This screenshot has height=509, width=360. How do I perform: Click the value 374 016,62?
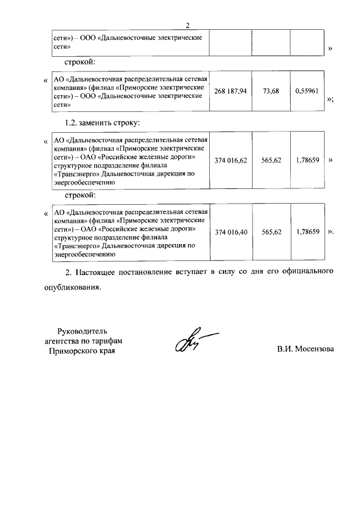(231, 160)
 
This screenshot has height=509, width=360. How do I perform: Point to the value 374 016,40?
(231, 231)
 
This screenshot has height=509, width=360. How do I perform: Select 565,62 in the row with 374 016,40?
(271, 231)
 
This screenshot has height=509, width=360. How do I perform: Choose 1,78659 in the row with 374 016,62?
(307, 160)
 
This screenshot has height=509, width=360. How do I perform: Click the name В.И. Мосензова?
(305, 349)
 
